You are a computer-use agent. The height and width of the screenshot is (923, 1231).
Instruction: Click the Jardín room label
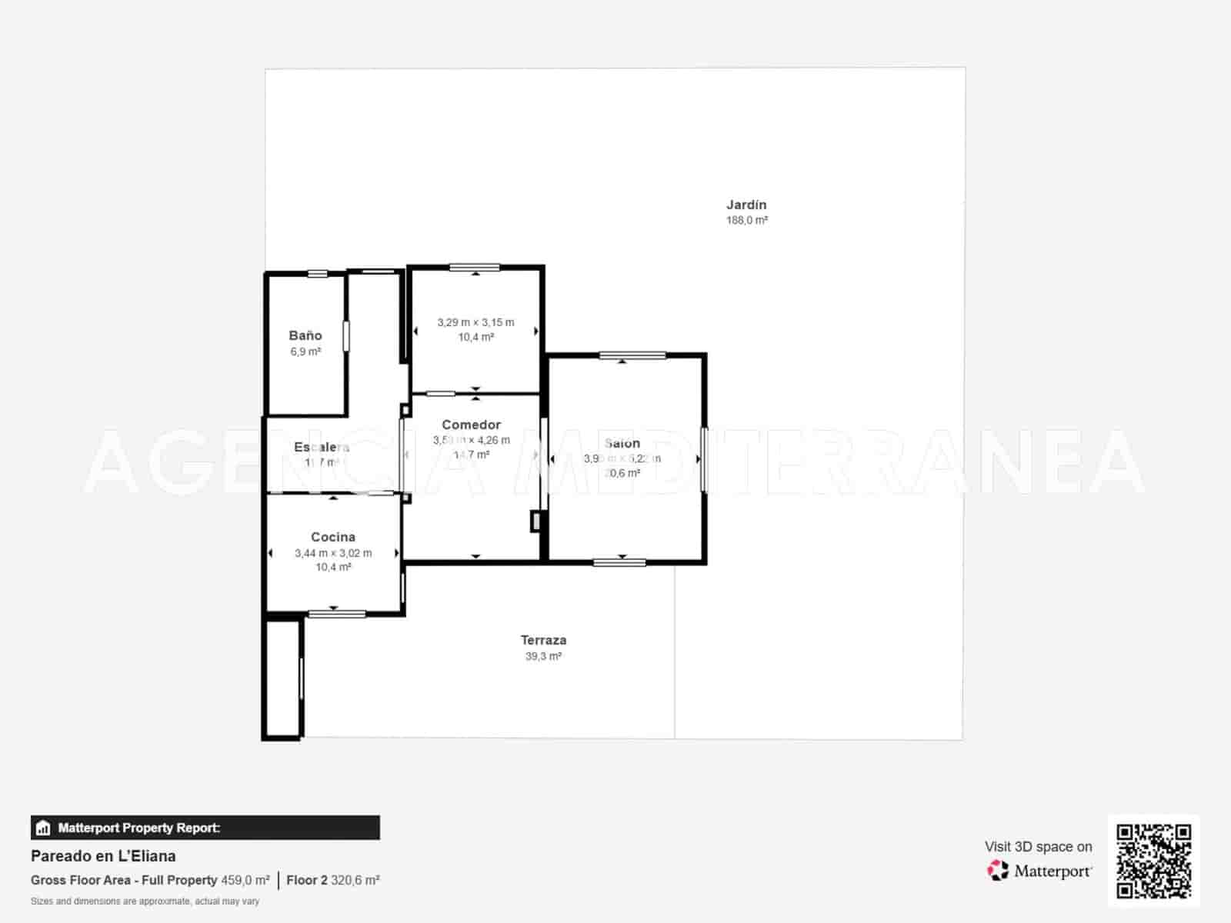point(746,205)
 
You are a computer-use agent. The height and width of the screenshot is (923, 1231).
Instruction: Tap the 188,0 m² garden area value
point(746,220)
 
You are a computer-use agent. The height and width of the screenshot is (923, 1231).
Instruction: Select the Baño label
point(305,335)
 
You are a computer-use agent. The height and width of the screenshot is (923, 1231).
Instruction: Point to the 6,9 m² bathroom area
point(305,352)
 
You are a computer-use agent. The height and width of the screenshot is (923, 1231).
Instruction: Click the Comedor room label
point(471,425)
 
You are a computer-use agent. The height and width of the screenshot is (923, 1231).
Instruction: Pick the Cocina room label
point(333,537)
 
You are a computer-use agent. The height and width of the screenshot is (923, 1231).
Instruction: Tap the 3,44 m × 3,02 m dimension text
point(333,553)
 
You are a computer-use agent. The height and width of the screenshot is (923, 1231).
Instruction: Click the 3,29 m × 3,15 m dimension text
point(475,322)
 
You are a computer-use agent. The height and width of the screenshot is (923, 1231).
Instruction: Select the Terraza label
point(543,640)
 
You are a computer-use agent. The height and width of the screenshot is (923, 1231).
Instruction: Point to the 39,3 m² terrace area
point(543,656)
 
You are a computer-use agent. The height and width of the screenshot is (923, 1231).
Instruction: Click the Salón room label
point(622,443)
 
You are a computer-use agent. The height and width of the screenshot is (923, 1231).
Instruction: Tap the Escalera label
point(322,447)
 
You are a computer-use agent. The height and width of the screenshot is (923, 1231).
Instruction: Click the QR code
point(1153,861)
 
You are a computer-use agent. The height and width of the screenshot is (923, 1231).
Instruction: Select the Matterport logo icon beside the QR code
point(998,871)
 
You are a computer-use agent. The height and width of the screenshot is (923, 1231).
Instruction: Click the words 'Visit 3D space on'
point(1038,847)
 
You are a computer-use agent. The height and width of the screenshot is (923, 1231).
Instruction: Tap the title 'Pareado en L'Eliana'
point(103,856)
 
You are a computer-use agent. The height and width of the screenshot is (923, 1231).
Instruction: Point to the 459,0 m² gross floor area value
point(245,880)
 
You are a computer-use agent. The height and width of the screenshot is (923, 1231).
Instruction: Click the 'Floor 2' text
point(307,880)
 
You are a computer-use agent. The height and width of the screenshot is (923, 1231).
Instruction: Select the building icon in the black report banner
point(43,828)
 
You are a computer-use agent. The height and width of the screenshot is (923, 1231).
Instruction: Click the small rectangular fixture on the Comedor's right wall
point(535,521)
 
